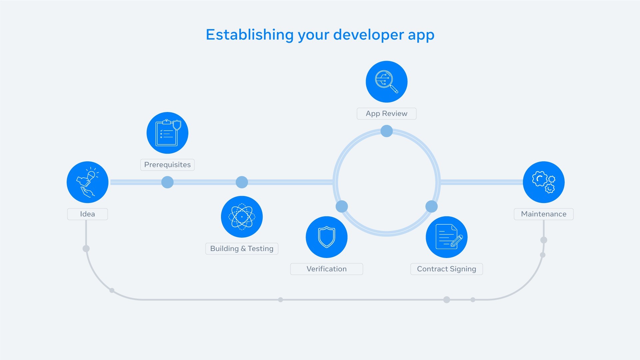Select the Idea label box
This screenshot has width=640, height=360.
pyautogui.click(x=87, y=214)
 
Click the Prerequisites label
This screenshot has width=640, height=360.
pyautogui.click(x=167, y=165)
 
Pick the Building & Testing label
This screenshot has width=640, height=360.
pyautogui.click(x=242, y=249)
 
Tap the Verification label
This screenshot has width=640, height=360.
pyautogui.click(x=326, y=269)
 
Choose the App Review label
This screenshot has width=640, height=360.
pyautogui.click(x=386, y=114)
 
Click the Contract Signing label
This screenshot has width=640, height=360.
pyautogui.click(x=446, y=269)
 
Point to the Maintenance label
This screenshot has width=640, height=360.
pyautogui.click(x=543, y=214)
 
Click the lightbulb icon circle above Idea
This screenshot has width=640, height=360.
pyautogui.click(x=87, y=182)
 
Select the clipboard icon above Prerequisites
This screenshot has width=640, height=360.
pyautogui.click(x=167, y=133)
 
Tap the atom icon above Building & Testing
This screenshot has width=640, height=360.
pyautogui.click(x=242, y=217)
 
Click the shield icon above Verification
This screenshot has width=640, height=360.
pyautogui.click(x=326, y=237)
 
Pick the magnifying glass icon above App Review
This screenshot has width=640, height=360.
pyautogui.click(x=386, y=82)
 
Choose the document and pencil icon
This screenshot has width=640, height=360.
pyautogui.click(x=446, y=237)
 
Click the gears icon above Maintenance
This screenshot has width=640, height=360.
pyautogui.click(x=543, y=182)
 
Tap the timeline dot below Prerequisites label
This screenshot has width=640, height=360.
pyautogui.click(x=167, y=182)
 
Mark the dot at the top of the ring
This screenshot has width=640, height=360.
pyautogui.click(x=386, y=131)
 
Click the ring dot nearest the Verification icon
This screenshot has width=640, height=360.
pyautogui.click(x=342, y=206)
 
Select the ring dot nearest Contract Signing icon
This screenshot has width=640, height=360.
pyautogui.click(x=431, y=206)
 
